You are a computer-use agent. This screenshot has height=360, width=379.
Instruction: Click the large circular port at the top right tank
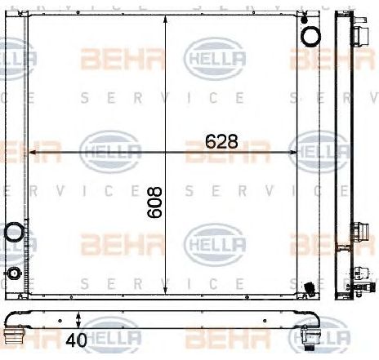click(310, 36)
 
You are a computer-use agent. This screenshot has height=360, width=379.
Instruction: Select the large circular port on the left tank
click(14, 233)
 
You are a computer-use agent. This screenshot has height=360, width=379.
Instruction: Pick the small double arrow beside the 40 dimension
click(78, 318)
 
